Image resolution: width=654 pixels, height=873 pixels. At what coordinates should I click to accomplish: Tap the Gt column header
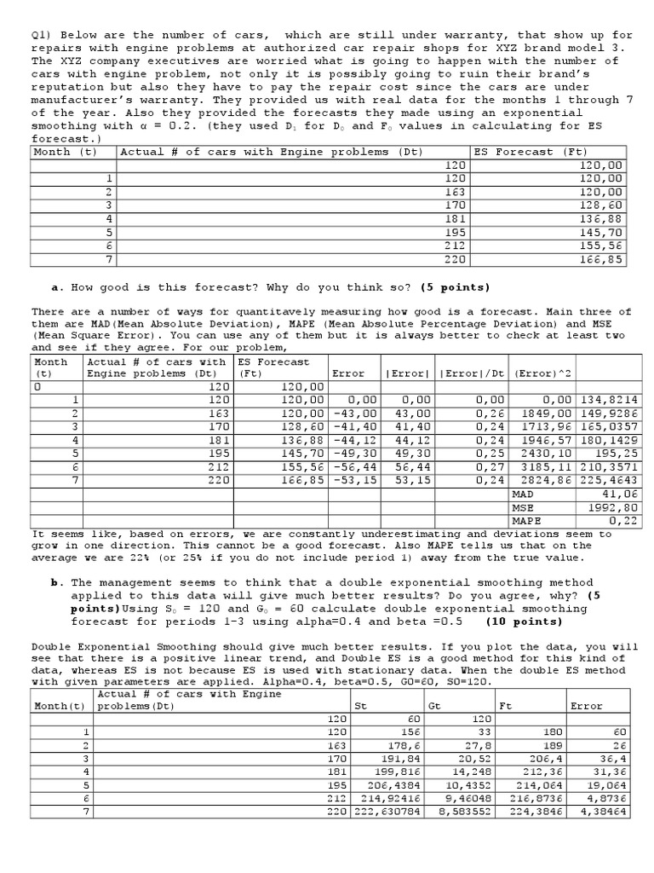point(434,706)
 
